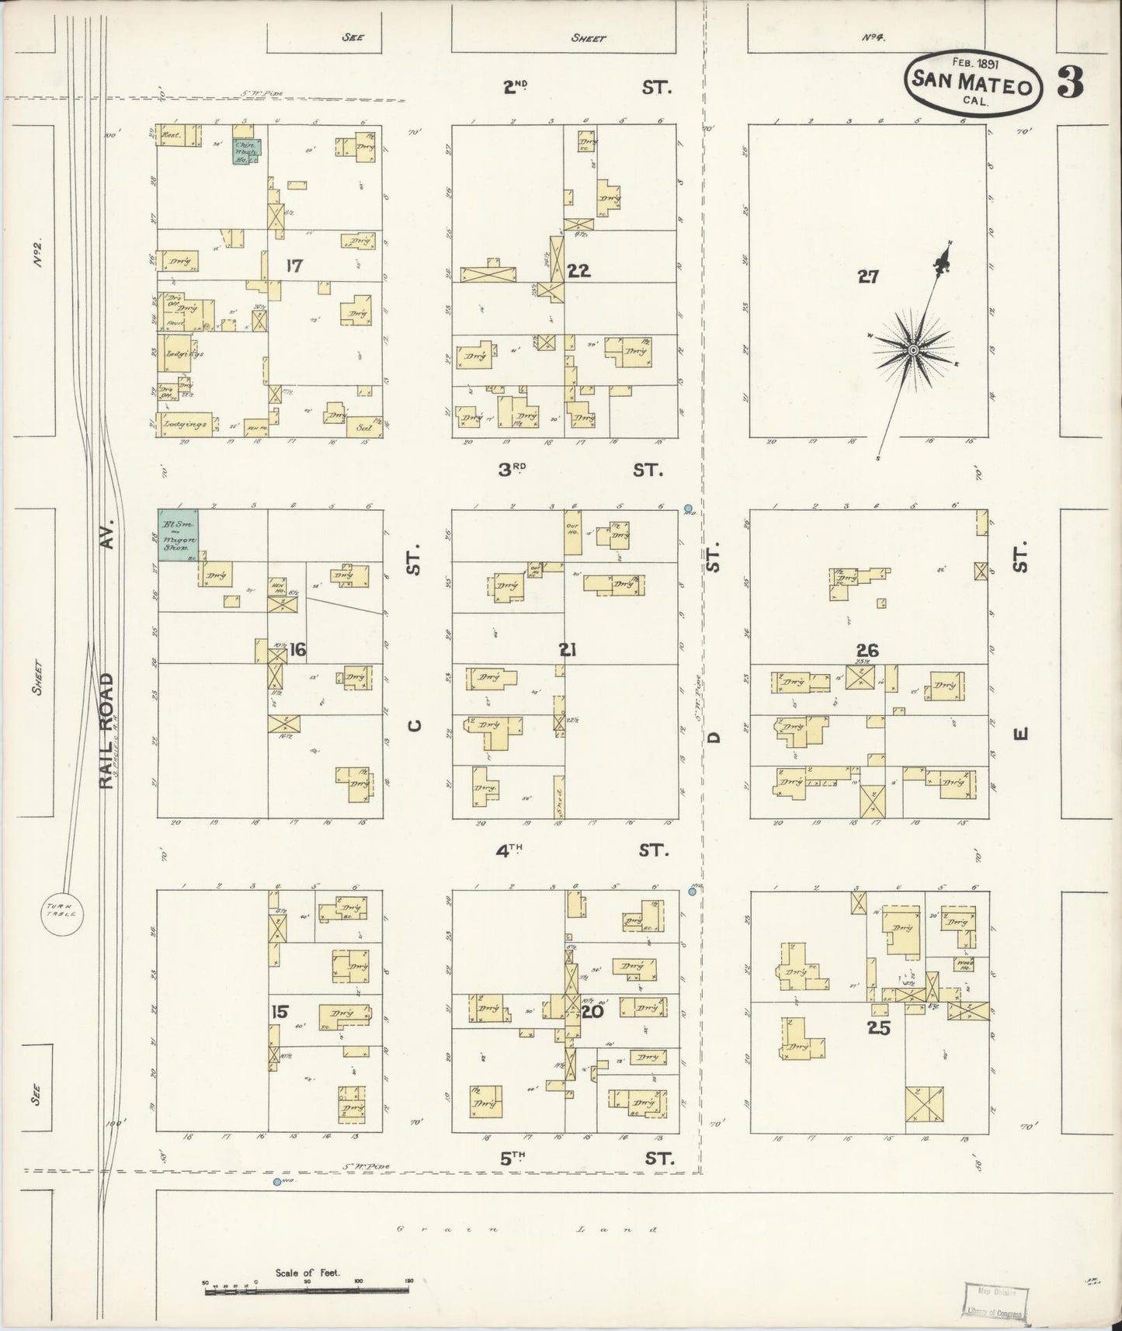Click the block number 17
pos(294,266)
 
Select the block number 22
pos(578,271)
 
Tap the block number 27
pos(867,276)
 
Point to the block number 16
pos(297,650)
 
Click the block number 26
pos(867,650)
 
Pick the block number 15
pos(280,1011)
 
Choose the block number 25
pos(879,1029)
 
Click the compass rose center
pos(913,351)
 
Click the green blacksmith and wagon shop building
pos(178,534)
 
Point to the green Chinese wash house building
pos(248,151)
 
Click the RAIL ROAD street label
pos(107,730)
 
